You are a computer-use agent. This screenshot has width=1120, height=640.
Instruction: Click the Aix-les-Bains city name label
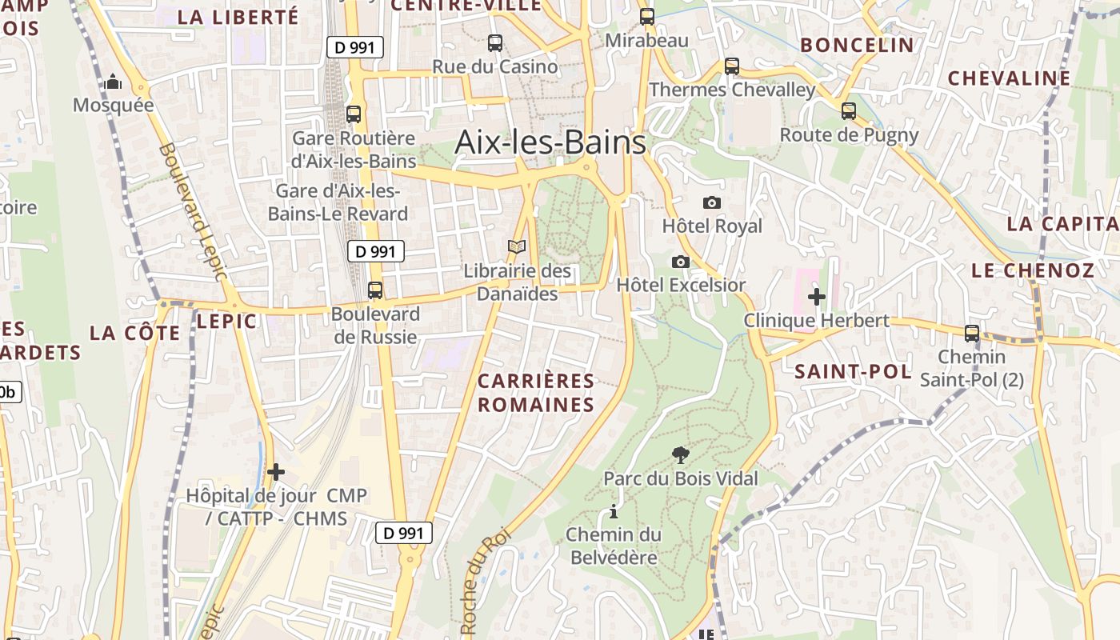[x=550, y=142]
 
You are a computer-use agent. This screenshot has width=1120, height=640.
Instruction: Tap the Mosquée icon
[x=113, y=82]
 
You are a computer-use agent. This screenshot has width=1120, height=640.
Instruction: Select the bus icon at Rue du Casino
[x=495, y=43]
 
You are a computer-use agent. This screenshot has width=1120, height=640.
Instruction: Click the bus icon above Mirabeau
[x=647, y=16]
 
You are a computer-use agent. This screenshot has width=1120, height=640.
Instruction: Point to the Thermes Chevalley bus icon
[x=732, y=66]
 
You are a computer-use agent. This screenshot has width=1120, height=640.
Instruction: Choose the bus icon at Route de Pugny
[x=849, y=111]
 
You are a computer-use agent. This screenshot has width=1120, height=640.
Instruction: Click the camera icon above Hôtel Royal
[x=712, y=202]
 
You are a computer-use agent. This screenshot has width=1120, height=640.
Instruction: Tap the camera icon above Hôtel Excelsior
[x=681, y=262]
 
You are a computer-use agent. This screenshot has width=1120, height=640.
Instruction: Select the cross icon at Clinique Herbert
[x=817, y=297]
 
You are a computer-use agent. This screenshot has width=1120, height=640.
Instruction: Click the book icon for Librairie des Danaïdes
[x=518, y=247]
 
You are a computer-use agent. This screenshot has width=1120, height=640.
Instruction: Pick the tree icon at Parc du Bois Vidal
[x=681, y=455]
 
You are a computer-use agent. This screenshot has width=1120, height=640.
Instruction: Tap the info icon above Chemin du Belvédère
[x=614, y=511]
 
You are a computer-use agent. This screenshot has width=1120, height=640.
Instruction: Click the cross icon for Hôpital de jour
[x=276, y=472]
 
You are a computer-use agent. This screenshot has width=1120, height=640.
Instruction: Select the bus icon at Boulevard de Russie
[x=375, y=290]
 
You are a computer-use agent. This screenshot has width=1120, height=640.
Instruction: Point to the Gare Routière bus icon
[x=354, y=114]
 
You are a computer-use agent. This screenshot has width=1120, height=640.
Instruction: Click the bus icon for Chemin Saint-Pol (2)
[x=972, y=333]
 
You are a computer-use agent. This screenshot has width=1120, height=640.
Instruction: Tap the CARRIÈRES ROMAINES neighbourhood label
[x=536, y=393]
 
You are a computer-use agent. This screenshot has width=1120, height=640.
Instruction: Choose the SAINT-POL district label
[x=853, y=371]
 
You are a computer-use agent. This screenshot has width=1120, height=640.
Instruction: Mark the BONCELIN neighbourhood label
[x=857, y=45]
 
